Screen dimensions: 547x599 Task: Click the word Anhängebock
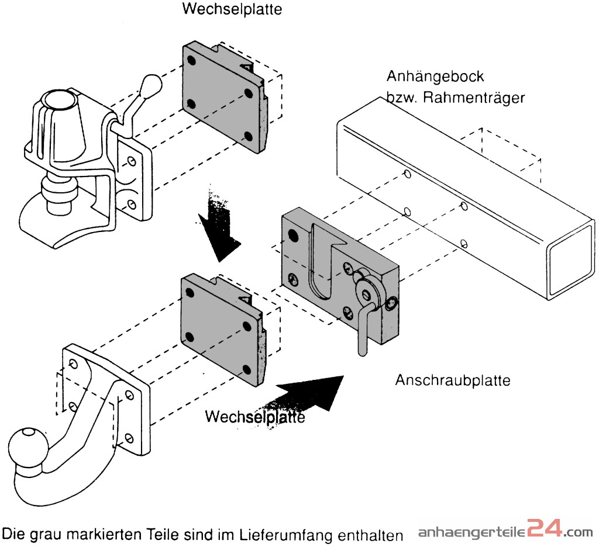coord(435,77)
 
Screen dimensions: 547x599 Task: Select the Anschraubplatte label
coord(452,380)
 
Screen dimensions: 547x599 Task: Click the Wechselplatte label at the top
coord(232,9)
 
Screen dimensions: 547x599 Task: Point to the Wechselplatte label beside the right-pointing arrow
coord(254,417)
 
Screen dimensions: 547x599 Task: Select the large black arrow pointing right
coord(310,398)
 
